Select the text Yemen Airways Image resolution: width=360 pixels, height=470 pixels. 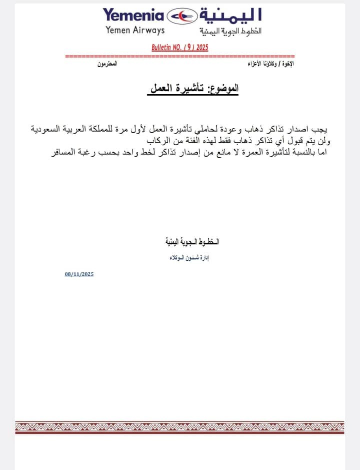(135, 31)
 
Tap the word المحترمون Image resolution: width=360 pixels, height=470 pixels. (107, 66)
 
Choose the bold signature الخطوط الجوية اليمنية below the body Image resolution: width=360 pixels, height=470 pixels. (192, 242)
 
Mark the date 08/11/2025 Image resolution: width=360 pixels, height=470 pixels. (79, 274)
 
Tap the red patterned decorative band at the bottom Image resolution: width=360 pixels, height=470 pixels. (180, 427)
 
